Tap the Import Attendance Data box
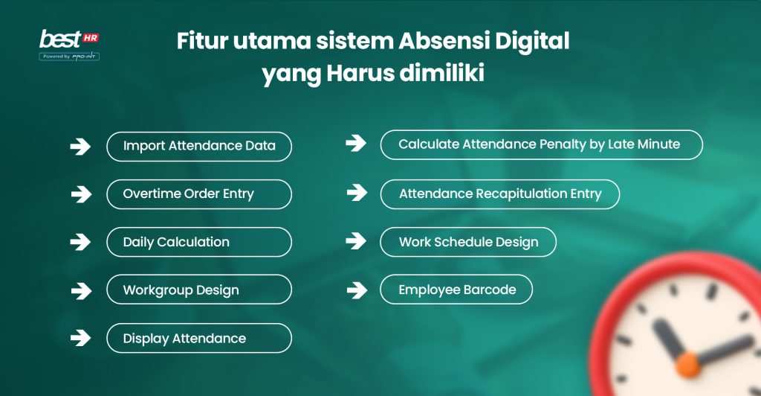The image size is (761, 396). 199,146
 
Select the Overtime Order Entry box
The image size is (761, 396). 199,194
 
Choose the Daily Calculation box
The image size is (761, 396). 199,242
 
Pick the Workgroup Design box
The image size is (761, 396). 199,290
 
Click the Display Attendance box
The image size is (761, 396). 199,338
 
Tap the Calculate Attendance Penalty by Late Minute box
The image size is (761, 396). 541,144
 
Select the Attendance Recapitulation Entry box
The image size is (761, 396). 499,194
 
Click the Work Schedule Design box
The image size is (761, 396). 468,242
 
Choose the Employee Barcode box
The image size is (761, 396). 456,290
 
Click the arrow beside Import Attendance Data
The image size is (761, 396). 80,147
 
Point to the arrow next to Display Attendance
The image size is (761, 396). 80,339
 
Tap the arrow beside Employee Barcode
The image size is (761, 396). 356,290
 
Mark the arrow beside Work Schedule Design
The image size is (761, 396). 356,241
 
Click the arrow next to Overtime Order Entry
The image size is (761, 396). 80,194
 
